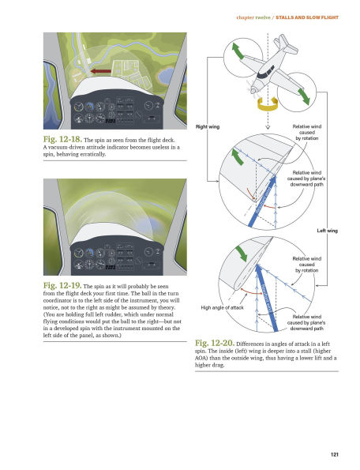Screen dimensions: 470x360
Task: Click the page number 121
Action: point(335,453)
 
